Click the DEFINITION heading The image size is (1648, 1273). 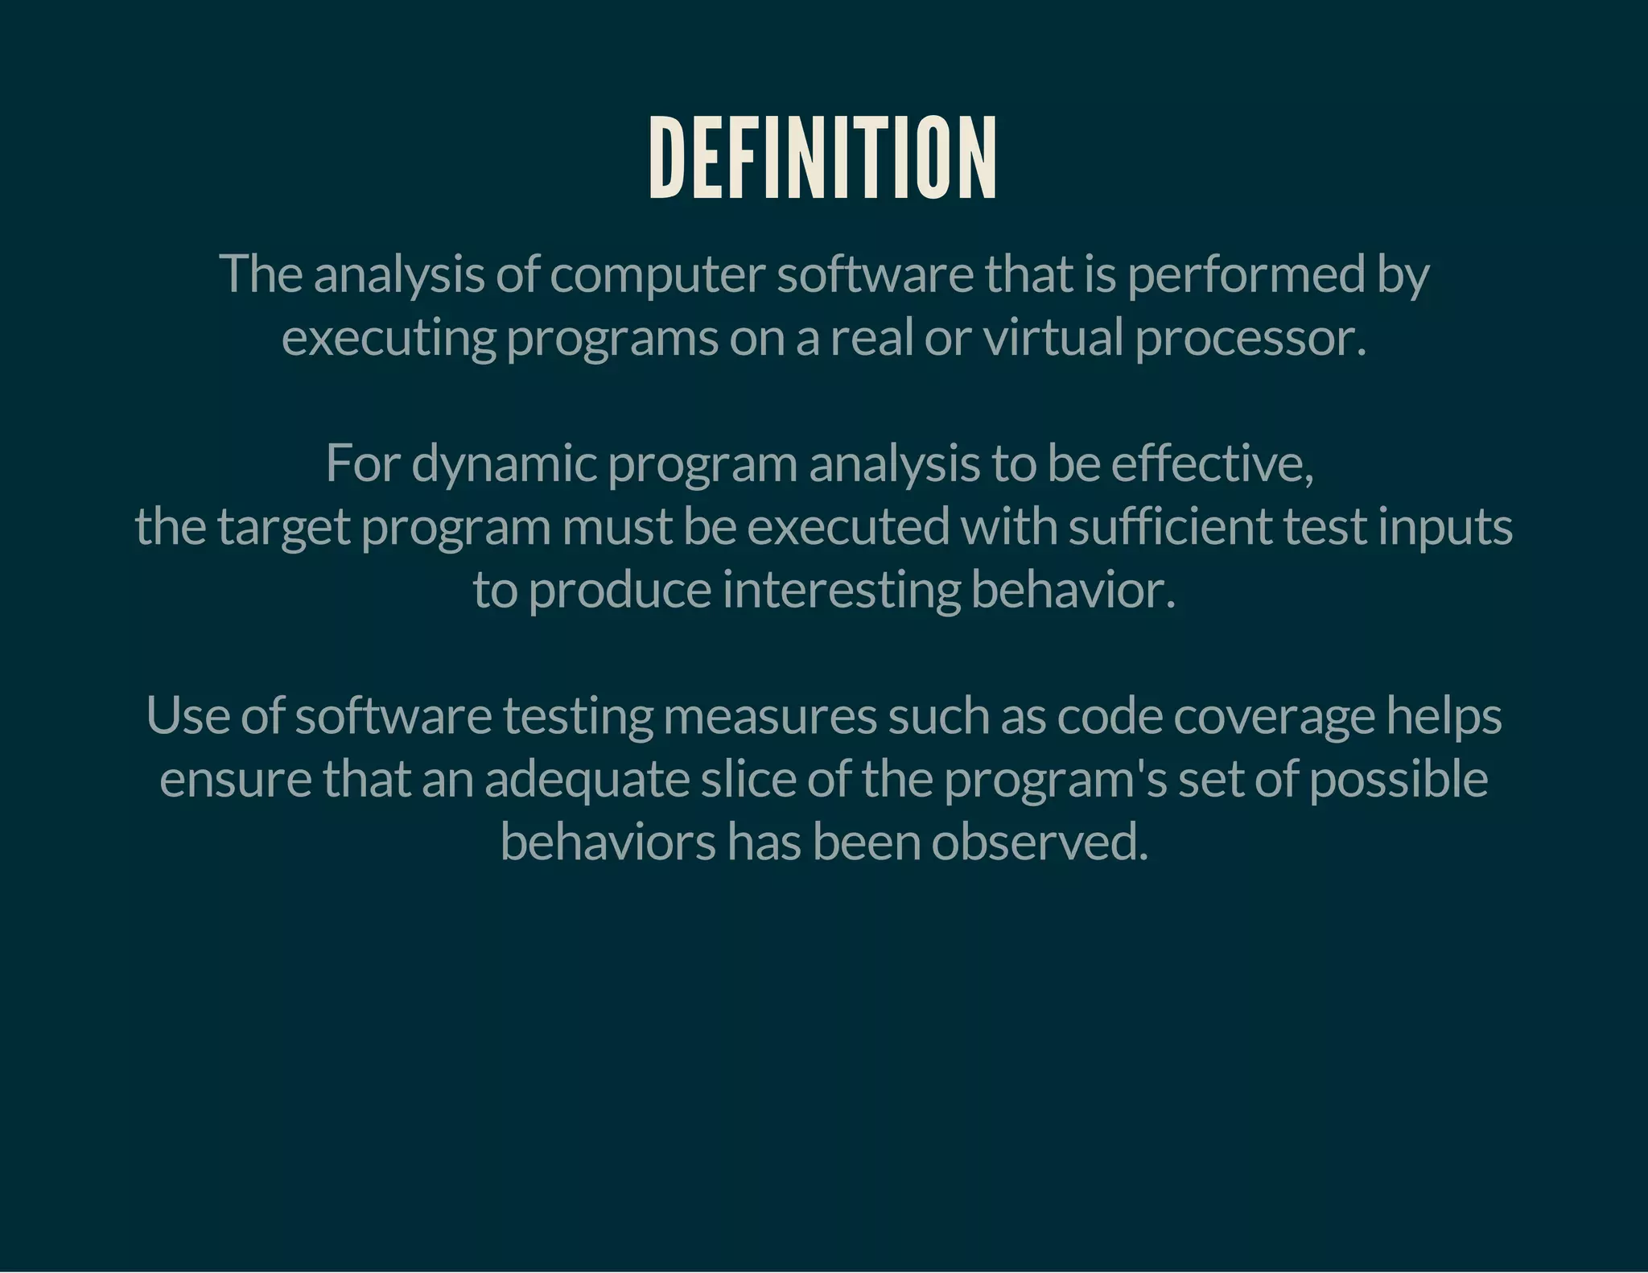pos(822,158)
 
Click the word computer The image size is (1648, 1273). pos(657,274)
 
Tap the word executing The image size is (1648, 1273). pos(389,338)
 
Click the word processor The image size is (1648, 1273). pos(1250,338)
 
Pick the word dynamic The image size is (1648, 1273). pos(504,464)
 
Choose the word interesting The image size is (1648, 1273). pos(841,590)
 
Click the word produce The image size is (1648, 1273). pos(620,590)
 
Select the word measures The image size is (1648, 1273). pos(769,716)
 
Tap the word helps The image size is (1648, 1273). pos(1444,716)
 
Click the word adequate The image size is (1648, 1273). pos(587,780)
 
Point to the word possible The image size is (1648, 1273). pos(1399,780)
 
